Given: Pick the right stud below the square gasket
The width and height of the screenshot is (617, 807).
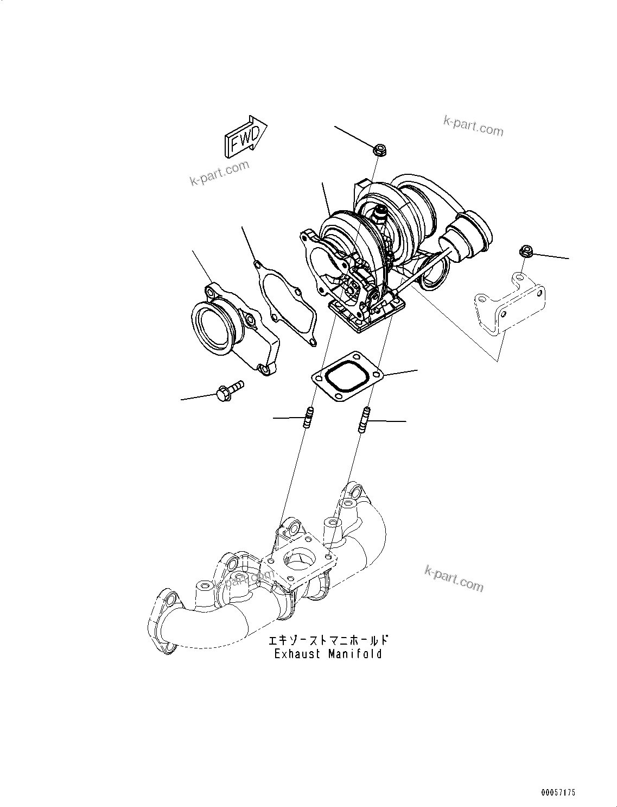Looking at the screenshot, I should tap(364, 419).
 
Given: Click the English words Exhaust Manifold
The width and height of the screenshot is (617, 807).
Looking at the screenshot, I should tap(328, 654).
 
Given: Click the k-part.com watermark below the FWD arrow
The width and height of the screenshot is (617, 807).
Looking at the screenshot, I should tap(220, 173).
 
